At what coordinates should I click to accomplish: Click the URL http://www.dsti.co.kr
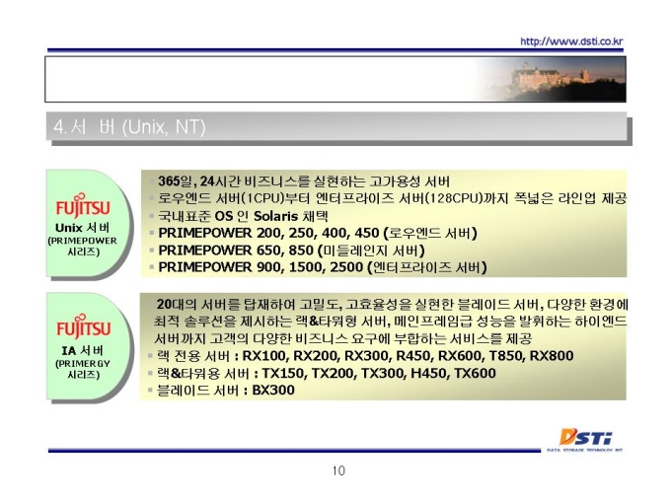click(x=571, y=41)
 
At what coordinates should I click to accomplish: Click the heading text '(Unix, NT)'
click(x=164, y=127)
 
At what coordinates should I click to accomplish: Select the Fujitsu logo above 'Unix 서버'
click(x=83, y=205)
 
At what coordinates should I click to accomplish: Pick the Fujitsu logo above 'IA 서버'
click(x=84, y=326)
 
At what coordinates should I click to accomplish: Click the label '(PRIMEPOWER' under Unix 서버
click(x=82, y=241)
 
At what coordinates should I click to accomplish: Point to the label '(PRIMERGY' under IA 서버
click(x=83, y=364)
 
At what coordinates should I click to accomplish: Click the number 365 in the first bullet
click(x=169, y=181)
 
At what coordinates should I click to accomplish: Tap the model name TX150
click(x=283, y=374)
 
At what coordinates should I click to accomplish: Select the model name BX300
click(x=273, y=391)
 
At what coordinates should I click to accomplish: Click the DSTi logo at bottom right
click(x=585, y=439)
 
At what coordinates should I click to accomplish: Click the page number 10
click(x=338, y=470)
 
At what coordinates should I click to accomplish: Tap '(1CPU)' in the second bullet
click(x=260, y=198)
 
